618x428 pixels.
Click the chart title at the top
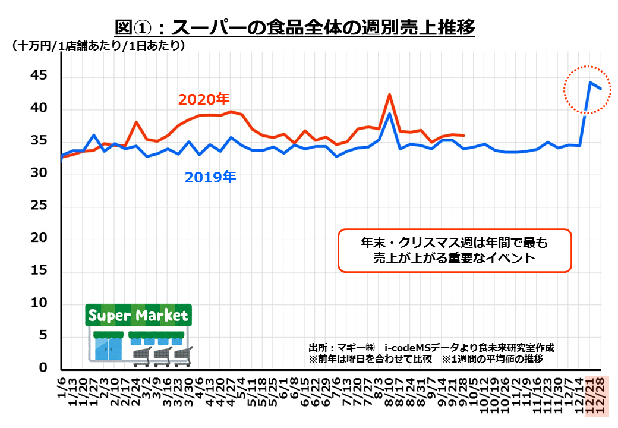[295, 27]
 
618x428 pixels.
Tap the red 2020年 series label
[204, 99]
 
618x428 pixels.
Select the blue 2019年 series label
[210, 177]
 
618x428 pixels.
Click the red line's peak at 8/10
[389, 95]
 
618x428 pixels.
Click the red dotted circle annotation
[587, 89]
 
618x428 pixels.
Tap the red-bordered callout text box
[455, 251]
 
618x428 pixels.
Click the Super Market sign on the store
[138, 315]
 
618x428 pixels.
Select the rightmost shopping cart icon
[183, 354]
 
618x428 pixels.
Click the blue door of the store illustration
[108, 350]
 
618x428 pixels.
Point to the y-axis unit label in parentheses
[98, 46]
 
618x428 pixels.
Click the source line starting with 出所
[431, 348]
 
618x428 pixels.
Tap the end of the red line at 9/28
[463, 136]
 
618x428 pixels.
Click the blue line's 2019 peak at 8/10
[389, 114]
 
